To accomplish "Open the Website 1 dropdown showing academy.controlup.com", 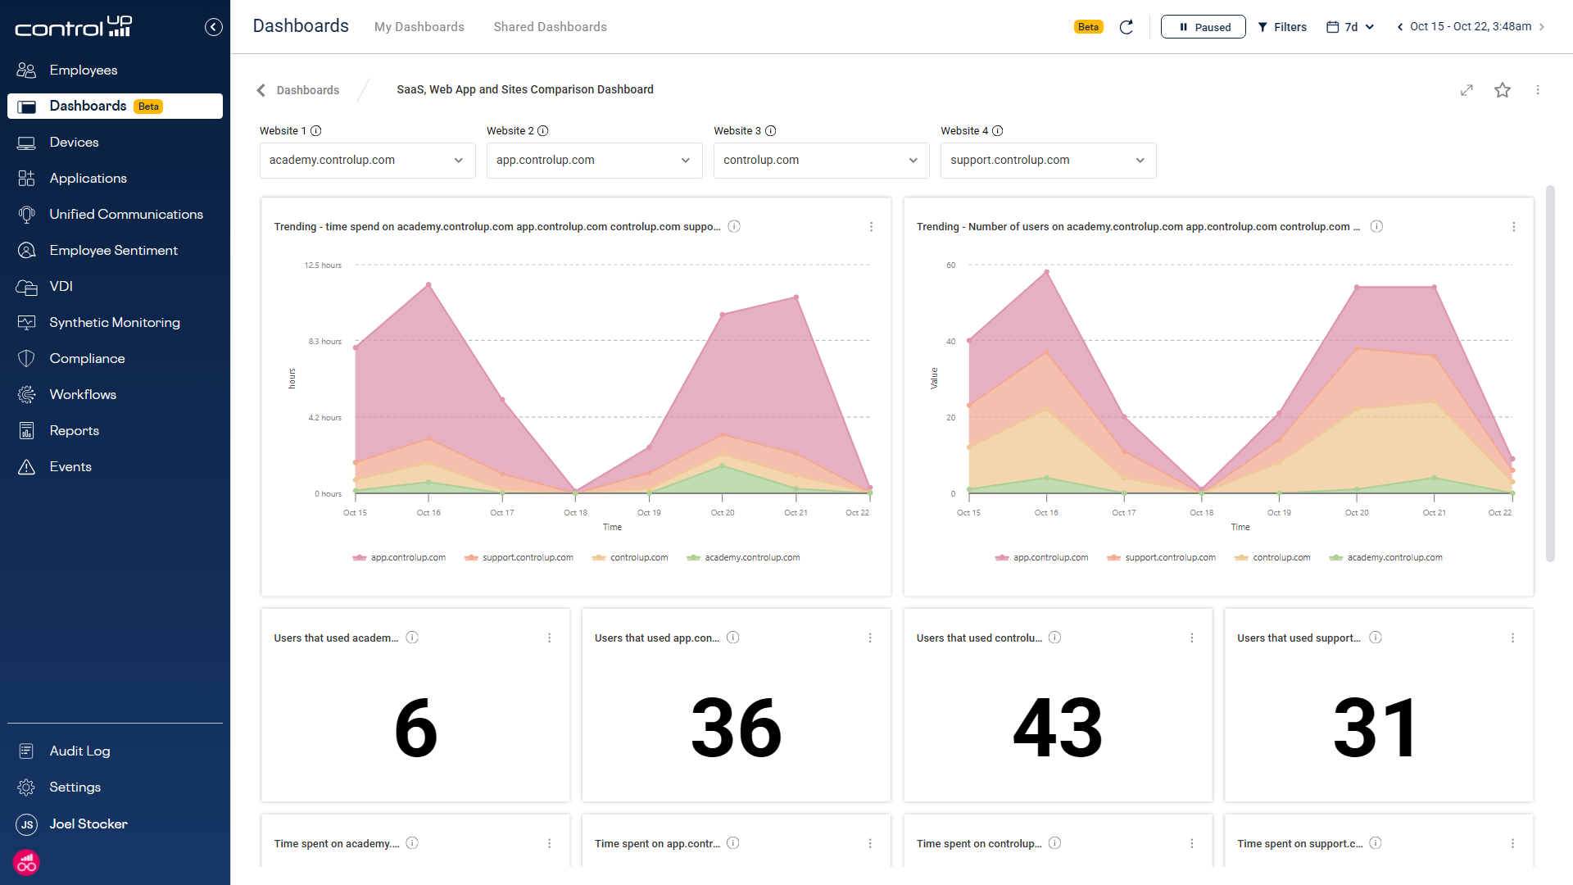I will [x=367, y=161].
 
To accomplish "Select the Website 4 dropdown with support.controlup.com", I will [x=1048, y=161].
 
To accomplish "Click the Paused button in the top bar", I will [x=1203, y=27].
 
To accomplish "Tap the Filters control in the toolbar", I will [x=1282, y=27].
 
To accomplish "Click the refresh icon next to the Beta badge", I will [x=1126, y=27].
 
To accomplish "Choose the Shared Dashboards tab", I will [x=550, y=27].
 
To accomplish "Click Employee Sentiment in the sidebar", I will [x=113, y=250].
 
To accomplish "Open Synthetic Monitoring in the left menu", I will [x=114, y=322].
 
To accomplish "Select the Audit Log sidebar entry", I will [x=79, y=751].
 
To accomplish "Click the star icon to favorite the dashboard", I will [x=1502, y=90].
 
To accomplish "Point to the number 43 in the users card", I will [x=1057, y=728].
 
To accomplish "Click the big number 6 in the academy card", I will [x=415, y=728].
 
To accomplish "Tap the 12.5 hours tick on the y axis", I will [x=323, y=265].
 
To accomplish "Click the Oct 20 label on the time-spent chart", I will [x=722, y=513].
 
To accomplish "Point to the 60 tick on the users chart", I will [x=950, y=265].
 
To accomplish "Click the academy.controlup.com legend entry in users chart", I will [x=1394, y=558].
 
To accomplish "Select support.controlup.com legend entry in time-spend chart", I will [x=527, y=558].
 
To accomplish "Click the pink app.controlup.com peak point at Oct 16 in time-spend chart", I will [x=428, y=285].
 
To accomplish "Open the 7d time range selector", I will [x=1350, y=27].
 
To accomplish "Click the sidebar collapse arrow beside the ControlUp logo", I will [x=213, y=27].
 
